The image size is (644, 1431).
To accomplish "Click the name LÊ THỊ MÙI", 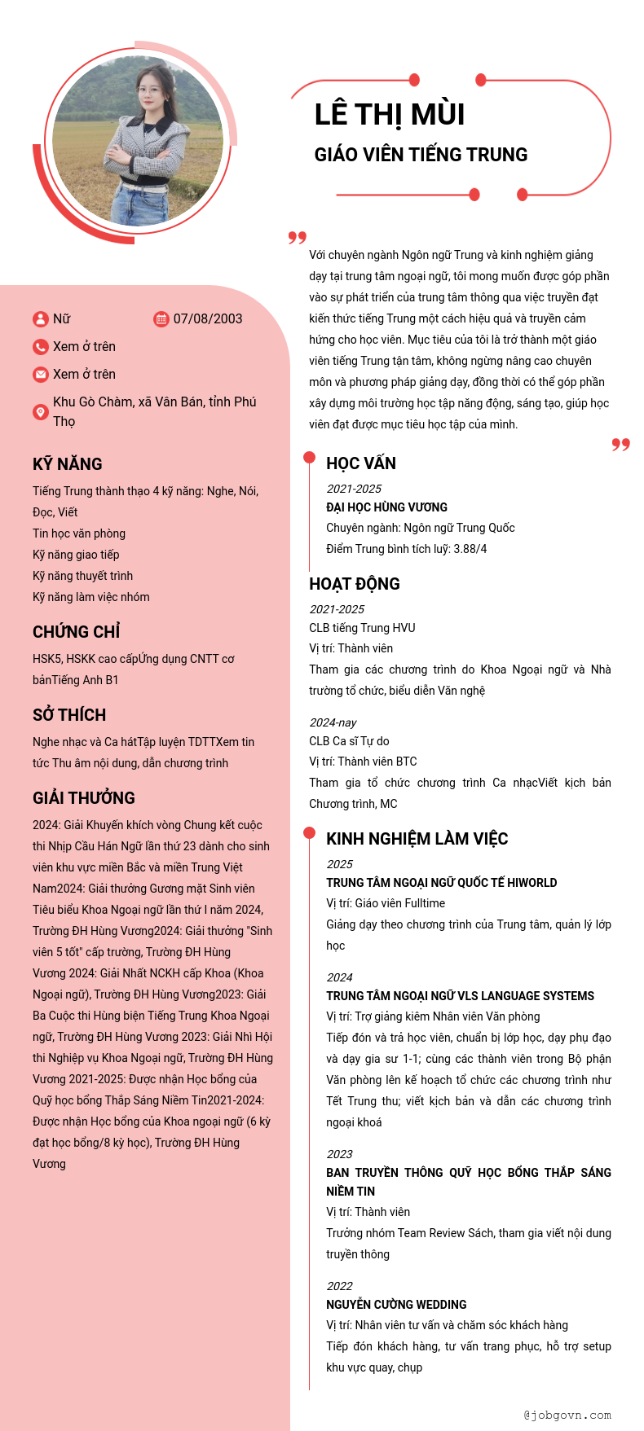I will click(x=389, y=115).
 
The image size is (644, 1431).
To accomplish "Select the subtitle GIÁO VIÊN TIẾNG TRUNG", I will click(x=421, y=155).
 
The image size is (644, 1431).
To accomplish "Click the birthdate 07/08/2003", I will click(x=208, y=318).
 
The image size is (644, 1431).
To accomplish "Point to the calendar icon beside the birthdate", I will click(x=161, y=319).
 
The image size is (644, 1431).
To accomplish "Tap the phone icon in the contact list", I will click(x=41, y=347).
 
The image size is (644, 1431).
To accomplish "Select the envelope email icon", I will click(x=41, y=375).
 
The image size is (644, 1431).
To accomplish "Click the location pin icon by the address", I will click(x=41, y=412).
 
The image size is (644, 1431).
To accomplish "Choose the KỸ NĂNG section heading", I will click(x=68, y=464).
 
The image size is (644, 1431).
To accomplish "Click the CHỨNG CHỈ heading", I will click(x=76, y=632).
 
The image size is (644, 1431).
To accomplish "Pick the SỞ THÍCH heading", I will click(x=69, y=715).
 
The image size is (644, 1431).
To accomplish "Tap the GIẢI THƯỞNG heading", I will click(x=84, y=798).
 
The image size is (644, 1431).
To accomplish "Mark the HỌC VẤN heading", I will click(x=361, y=463).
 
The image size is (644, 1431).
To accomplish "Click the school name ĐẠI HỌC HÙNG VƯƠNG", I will click(x=386, y=507).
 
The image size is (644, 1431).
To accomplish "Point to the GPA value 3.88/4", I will click(x=470, y=549).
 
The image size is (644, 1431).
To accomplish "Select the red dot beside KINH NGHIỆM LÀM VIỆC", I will click(x=310, y=832).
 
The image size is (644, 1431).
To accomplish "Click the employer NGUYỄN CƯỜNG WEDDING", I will click(x=396, y=1305).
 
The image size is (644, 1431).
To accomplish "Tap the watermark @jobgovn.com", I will click(x=567, y=1415).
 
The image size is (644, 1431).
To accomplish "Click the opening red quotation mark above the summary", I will click(x=298, y=237).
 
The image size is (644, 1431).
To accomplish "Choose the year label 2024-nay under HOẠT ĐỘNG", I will click(x=333, y=722).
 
